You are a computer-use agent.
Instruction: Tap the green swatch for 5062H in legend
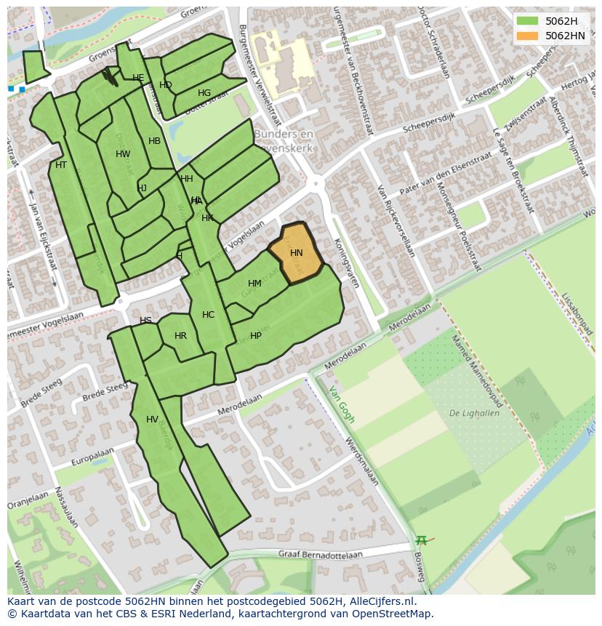528,21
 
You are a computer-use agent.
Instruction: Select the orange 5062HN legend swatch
528,36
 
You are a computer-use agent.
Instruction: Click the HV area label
152,420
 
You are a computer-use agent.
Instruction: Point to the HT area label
61,165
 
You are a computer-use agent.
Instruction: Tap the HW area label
123,154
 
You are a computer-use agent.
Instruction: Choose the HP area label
256,336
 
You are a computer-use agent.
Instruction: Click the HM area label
254,284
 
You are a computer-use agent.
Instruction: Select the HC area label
209,315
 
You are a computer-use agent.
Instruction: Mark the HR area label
181,336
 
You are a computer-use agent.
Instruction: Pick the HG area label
204,93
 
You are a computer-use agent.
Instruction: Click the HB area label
154,141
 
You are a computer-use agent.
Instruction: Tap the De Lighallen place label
474,413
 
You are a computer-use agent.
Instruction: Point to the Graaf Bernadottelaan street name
320,554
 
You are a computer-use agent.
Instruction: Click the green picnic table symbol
421,540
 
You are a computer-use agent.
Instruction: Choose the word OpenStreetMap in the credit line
392,614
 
